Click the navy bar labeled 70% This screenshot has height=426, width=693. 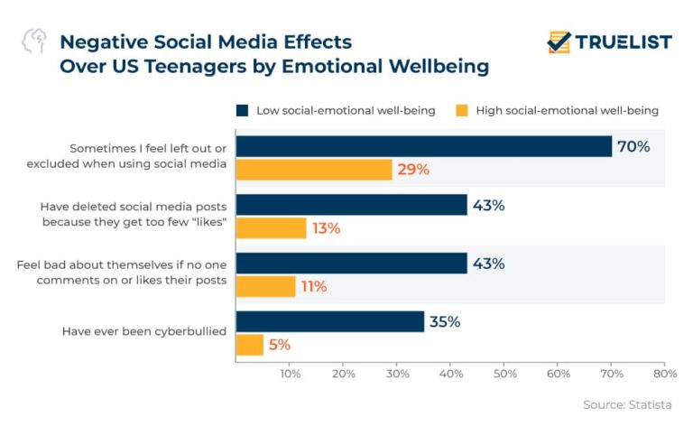(x=423, y=146)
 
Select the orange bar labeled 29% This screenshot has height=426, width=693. (x=313, y=170)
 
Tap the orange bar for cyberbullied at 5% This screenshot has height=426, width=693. (x=249, y=345)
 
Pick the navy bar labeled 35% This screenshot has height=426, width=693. (x=329, y=321)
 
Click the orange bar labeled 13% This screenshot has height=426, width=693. (x=271, y=228)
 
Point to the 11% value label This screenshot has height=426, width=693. (x=313, y=287)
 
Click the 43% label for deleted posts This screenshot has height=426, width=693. (x=487, y=205)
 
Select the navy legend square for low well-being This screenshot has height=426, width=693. (x=242, y=111)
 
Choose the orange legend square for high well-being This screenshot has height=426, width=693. (x=461, y=111)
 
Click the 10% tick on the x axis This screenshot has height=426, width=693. (x=290, y=373)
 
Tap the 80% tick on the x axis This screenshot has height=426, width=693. (x=664, y=373)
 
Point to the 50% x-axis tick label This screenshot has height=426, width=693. (x=504, y=373)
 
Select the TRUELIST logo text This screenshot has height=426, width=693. (x=624, y=42)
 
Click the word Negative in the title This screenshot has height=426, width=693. (x=101, y=42)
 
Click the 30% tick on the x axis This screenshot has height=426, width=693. (x=396, y=373)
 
